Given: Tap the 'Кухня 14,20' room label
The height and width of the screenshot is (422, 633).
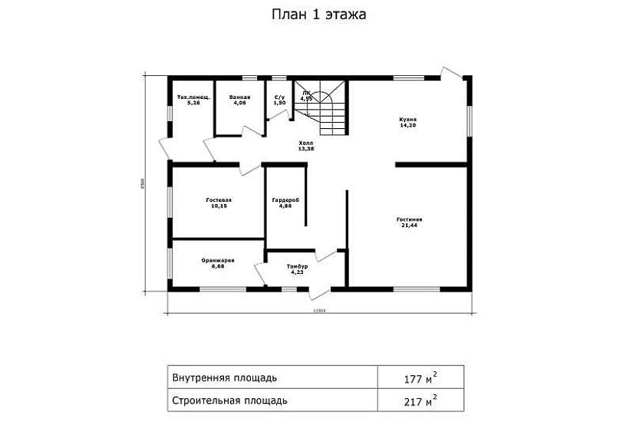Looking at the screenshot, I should [x=407, y=122].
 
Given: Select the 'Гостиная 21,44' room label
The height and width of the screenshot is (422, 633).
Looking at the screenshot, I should [x=409, y=223].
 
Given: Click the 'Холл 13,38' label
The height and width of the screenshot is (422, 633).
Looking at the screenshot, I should [x=306, y=146].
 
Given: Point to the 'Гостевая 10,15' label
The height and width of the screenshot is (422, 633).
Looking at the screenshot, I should [x=220, y=203].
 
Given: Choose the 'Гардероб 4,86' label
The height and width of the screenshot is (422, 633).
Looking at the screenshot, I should [x=285, y=203].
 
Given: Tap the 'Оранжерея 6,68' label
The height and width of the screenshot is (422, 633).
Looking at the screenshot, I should [x=218, y=263].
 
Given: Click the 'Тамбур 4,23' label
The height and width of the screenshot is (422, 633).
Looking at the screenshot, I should [x=297, y=269].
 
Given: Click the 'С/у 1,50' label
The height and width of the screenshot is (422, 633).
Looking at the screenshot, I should [x=280, y=100].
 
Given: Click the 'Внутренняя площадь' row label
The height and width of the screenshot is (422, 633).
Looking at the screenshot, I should [x=219, y=377].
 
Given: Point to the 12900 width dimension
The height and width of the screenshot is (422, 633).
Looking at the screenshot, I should [x=320, y=312].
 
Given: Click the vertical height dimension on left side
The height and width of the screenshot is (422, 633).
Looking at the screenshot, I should [x=142, y=184].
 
